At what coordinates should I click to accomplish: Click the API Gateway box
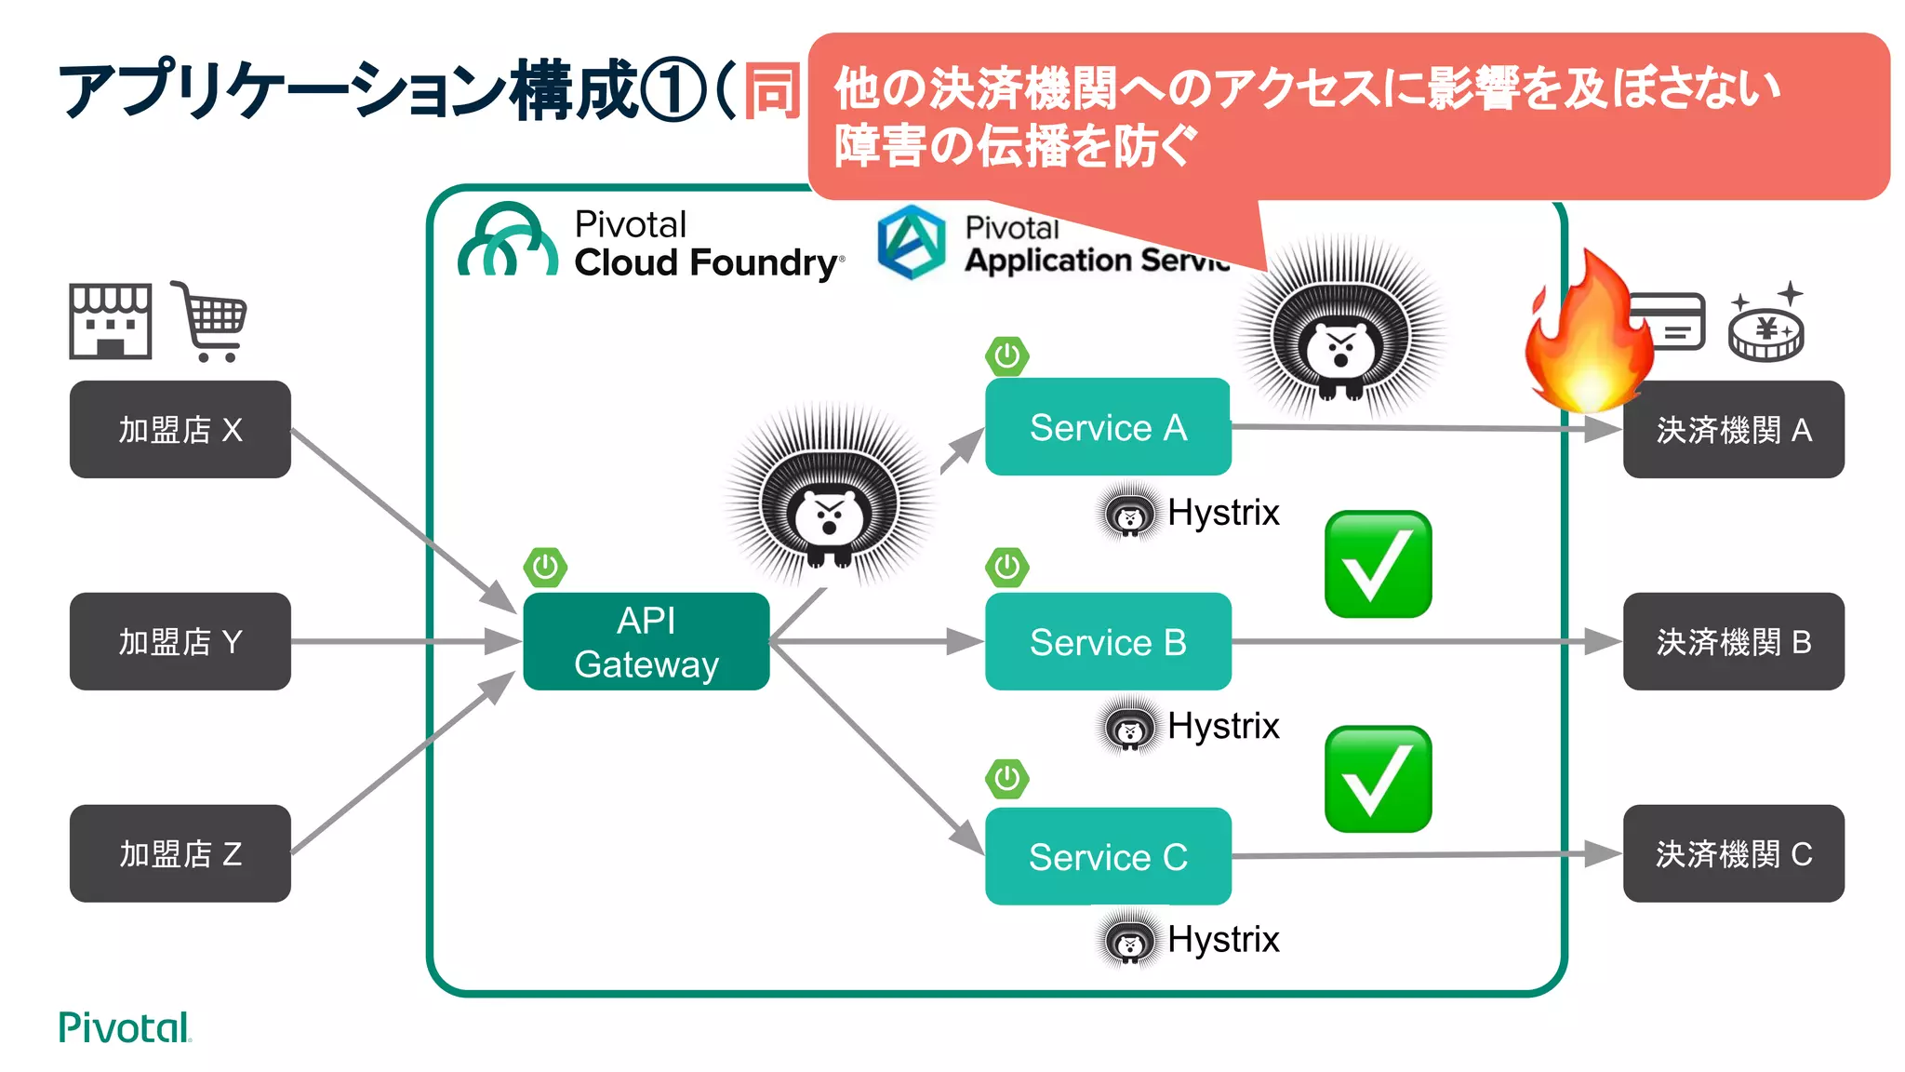[646, 641]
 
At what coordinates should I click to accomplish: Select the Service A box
[1107, 427]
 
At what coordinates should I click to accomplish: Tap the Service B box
[1107, 641]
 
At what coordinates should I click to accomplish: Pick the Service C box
[1107, 856]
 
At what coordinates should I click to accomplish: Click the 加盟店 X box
[180, 429]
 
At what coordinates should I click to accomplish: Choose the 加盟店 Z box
[180, 853]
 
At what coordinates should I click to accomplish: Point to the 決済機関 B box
[1733, 641]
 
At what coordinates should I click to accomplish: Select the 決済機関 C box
[1733, 853]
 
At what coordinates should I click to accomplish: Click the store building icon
[110, 321]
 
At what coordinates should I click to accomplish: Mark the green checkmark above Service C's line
[1378, 779]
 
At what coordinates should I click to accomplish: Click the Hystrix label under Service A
[1222, 513]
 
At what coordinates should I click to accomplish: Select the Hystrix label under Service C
[1222, 939]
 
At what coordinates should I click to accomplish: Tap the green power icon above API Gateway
[545, 567]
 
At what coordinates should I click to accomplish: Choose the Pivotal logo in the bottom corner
[124, 1027]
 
